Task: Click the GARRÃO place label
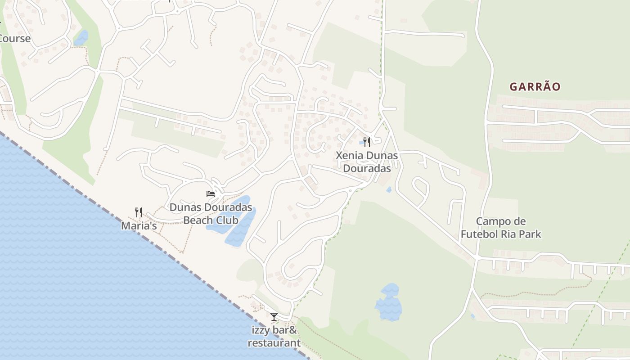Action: pos(535,87)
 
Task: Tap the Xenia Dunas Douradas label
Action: pos(367,162)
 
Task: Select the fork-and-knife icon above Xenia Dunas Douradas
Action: pos(367,142)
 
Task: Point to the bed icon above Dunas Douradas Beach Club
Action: pos(210,194)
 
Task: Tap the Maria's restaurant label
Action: pos(139,226)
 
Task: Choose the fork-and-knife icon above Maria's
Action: pos(139,212)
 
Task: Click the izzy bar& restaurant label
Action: pos(274,337)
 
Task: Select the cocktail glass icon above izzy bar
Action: pos(274,317)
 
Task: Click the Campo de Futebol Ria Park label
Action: pos(501,228)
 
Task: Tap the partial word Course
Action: pos(15,39)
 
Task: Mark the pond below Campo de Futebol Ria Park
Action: pos(388,302)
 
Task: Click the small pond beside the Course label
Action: pos(81,38)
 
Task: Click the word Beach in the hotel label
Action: pos(198,220)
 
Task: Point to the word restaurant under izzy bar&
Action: pos(274,343)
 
